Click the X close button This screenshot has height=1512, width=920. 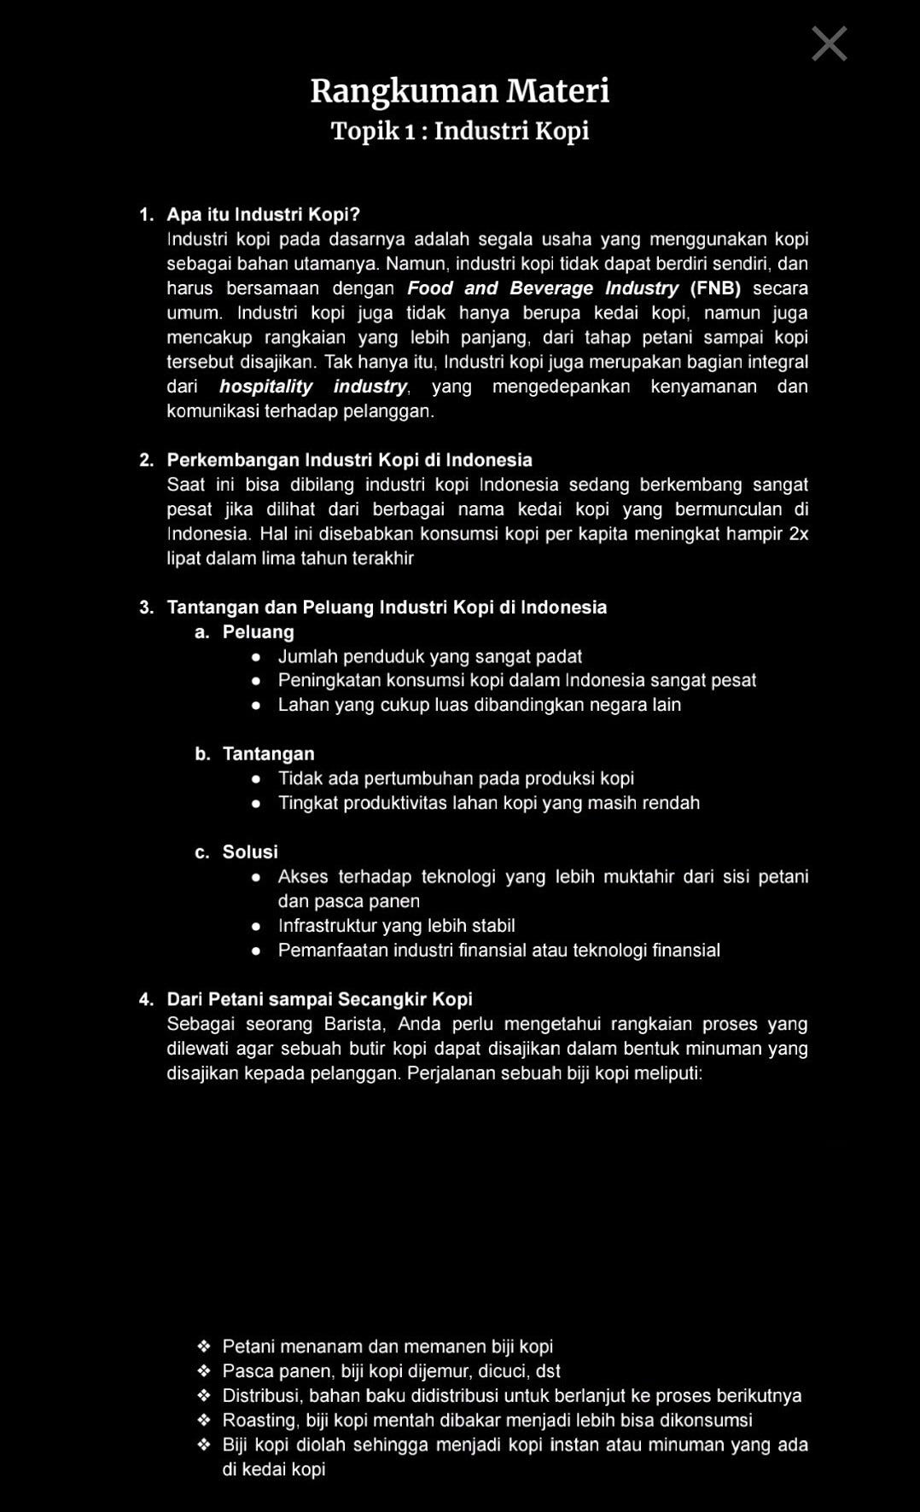click(x=829, y=44)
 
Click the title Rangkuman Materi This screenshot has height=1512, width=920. click(x=459, y=90)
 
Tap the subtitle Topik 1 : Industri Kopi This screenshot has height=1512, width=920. click(x=459, y=131)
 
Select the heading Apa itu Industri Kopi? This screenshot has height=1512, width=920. click(x=264, y=214)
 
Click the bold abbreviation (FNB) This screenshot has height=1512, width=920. click(x=715, y=288)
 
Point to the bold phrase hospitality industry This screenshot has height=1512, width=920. click(x=313, y=387)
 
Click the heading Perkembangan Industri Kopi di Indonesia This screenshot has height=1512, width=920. click(x=349, y=460)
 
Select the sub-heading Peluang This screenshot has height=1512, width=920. click(x=258, y=632)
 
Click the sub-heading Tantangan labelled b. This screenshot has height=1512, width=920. click(x=268, y=753)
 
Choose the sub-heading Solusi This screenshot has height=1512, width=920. click(x=250, y=852)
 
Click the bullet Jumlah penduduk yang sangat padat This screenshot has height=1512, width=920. click(x=429, y=656)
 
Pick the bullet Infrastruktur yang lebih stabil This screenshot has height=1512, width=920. click(x=396, y=926)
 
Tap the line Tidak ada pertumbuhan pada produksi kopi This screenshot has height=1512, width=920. click(x=456, y=778)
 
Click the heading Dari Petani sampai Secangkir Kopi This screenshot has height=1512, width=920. click(x=319, y=999)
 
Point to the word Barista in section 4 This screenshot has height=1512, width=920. click(x=354, y=1024)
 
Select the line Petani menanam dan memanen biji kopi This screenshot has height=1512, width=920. click(x=387, y=1346)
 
